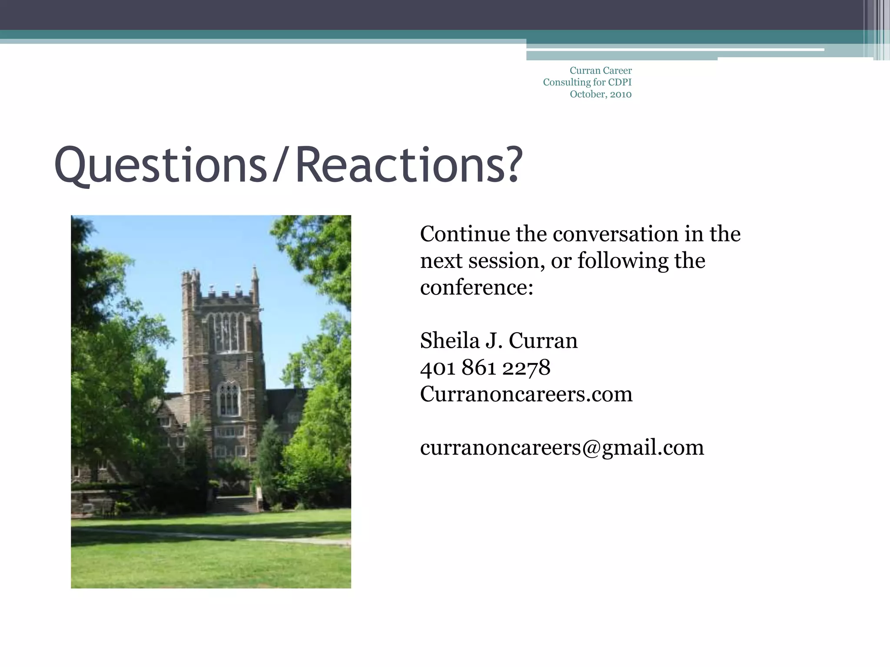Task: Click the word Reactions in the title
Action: pyautogui.click(x=400, y=166)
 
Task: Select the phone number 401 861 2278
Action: pyautogui.click(x=485, y=368)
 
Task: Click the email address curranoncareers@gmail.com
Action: pyautogui.click(x=562, y=448)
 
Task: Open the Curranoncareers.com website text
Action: pyautogui.click(x=526, y=394)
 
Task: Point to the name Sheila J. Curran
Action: pyautogui.click(x=498, y=341)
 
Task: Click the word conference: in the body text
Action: pyautogui.click(x=476, y=287)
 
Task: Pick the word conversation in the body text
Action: pyautogui.click(x=615, y=234)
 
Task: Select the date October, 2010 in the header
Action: pyautogui.click(x=601, y=94)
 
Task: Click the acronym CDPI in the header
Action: pyautogui.click(x=620, y=82)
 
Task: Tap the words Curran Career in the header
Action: pyautogui.click(x=601, y=70)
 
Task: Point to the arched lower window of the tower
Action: pyautogui.click(x=228, y=399)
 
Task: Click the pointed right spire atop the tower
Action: pyautogui.click(x=255, y=278)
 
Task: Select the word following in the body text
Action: pyautogui.click(x=623, y=261)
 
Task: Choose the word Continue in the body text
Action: pyautogui.click(x=465, y=234)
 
